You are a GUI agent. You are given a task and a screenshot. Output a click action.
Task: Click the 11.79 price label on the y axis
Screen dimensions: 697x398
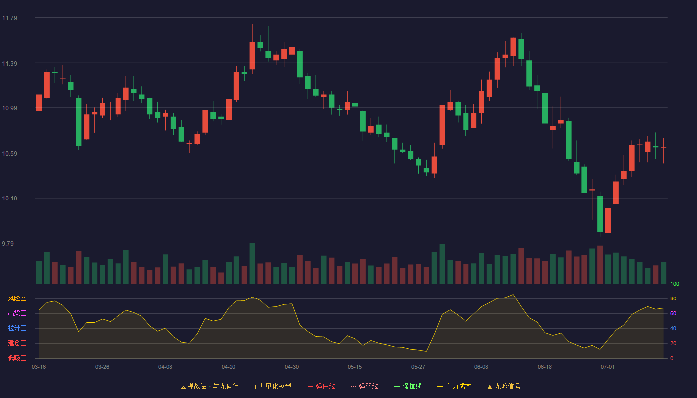pyautogui.click(x=9, y=18)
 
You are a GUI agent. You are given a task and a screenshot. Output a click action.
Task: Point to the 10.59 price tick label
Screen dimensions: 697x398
pyautogui.click(x=9, y=154)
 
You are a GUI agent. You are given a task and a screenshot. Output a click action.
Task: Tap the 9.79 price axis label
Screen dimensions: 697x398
pyautogui.click(x=8, y=243)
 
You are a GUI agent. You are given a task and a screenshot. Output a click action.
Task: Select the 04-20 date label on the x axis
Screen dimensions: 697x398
pyautogui.click(x=229, y=367)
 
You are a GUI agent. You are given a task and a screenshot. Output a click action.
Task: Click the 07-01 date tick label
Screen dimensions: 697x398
pyautogui.click(x=608, y=367)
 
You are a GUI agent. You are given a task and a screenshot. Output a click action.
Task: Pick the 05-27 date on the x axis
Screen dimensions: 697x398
pyautogui.click(x=418, y=367)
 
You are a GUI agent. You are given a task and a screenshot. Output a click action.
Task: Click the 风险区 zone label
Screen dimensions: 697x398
pyautogui.click(x=17, y=298)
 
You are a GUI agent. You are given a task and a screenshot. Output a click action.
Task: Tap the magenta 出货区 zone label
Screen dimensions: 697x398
pyautogui.click(x=17, y=313)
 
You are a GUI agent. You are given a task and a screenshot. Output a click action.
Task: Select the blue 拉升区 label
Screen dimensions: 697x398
pyautogui.click(x=17, y=328)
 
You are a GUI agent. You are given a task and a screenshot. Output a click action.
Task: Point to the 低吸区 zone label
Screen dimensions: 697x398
pyautogui.click(x=17, y=358)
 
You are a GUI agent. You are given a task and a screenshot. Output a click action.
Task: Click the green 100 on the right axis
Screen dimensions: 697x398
pyautogui.click(x=675, y=284)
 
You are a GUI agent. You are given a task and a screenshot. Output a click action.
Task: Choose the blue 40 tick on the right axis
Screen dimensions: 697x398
pyautogui.click(x=673, y=328)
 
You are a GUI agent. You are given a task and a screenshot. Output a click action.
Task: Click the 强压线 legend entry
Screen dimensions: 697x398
pyautogui.click(x=321, y=386)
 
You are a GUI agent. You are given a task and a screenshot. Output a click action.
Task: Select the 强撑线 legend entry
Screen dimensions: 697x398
pyautogui.click(x=408, y=386)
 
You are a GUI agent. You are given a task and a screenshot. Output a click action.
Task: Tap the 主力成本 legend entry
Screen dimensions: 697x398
pyautogui.click(x=454, y=386)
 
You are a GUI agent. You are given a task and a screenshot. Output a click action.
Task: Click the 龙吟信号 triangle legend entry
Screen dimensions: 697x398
pyautogui.click(x=504, y=386)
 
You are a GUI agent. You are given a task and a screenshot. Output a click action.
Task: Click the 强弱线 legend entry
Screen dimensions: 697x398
pyautogui.click(x=364, y=386)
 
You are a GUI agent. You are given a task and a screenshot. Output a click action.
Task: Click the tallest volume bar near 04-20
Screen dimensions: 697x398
pyautogui.click(x=252, y=263)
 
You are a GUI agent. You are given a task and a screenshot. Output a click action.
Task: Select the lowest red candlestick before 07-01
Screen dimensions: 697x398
pyautogui.click(x=608, y=221)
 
